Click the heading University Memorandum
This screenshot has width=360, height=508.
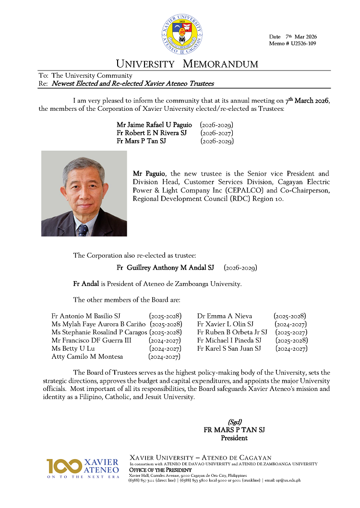[x=187, y=64]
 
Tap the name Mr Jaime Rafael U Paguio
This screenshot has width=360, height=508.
[x=154, y=125]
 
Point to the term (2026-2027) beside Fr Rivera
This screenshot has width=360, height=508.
[x=217, y=133]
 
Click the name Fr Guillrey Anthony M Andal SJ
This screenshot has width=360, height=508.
[x=165, y=267]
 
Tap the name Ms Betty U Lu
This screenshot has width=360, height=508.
[x=73, y=349]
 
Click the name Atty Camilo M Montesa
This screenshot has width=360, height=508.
[x=87, y=357]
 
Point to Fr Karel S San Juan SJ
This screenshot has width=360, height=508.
[x=229, y=349]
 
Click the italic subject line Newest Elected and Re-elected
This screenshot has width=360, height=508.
[x=132, y=83]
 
